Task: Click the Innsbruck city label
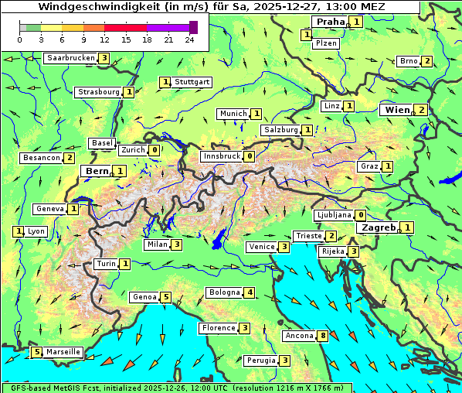click(x=221, y=156)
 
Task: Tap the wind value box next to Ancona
click(x=324, y=336)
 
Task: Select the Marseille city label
click(x=63, y=352)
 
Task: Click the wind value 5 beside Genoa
click(x=166, y=297)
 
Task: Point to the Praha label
click(x=329, y=22)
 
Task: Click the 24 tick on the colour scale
click(x=189, y=39)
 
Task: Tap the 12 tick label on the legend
click(x=104, y=39)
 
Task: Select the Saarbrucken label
click(x=71, y=58)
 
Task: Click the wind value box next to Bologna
click(x=250, y=292)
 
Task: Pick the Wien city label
click(x=397, y=110)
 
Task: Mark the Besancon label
click(x=42, y=158)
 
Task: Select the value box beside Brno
click(x=427, y=61)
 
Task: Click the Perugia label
click(x=260, y=361)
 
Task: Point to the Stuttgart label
click(x=192, y=82)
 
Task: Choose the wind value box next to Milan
click(x=177, y=245)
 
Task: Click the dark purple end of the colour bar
click(x=193, y=27)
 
